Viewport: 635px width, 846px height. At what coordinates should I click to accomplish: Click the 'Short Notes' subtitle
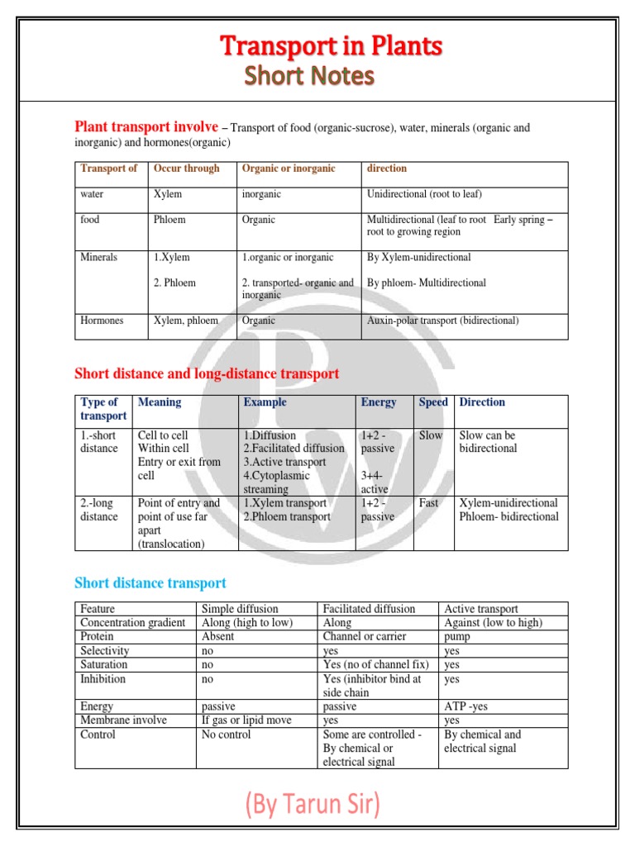coord(308,77)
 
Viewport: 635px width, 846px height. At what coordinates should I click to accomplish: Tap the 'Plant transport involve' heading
coord(146,127)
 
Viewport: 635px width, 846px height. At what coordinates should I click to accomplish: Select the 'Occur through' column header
coord(186,169)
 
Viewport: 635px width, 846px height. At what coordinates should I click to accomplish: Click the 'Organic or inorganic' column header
coord(288,169)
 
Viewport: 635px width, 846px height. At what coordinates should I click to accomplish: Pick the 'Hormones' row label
coord(103,321)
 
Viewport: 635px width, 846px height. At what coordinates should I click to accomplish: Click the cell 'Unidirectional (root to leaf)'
coord(424,194)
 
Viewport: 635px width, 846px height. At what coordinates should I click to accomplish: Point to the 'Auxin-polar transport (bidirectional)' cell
coord(442,321)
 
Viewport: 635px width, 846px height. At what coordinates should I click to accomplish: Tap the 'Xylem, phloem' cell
coord(186,321)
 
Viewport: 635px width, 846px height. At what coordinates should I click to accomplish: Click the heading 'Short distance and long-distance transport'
coord(207,374)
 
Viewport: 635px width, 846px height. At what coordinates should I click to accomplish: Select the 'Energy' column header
coord(378,402)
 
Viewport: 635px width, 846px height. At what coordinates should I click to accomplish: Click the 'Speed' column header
coord(432,402)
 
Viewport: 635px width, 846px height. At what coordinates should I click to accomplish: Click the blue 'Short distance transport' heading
coord(150,583)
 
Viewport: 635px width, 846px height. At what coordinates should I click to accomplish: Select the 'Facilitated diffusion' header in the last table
coord(369,609)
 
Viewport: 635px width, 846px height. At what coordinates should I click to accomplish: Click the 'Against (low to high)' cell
coord(494,623)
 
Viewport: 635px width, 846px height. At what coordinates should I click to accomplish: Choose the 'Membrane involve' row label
coord(123,720)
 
